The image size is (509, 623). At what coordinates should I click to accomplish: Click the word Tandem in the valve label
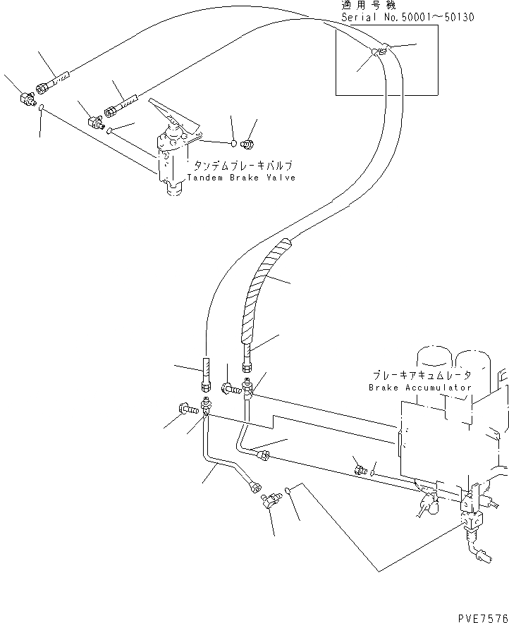[x=204, y=178]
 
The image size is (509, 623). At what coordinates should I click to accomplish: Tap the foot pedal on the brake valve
[x=169, y=113]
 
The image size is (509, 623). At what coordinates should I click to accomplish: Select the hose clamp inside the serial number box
[x=379, y=51]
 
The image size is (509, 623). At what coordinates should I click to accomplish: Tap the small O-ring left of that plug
[x=233, y=142]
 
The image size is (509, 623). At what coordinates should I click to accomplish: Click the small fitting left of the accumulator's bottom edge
[x=360, y=469]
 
